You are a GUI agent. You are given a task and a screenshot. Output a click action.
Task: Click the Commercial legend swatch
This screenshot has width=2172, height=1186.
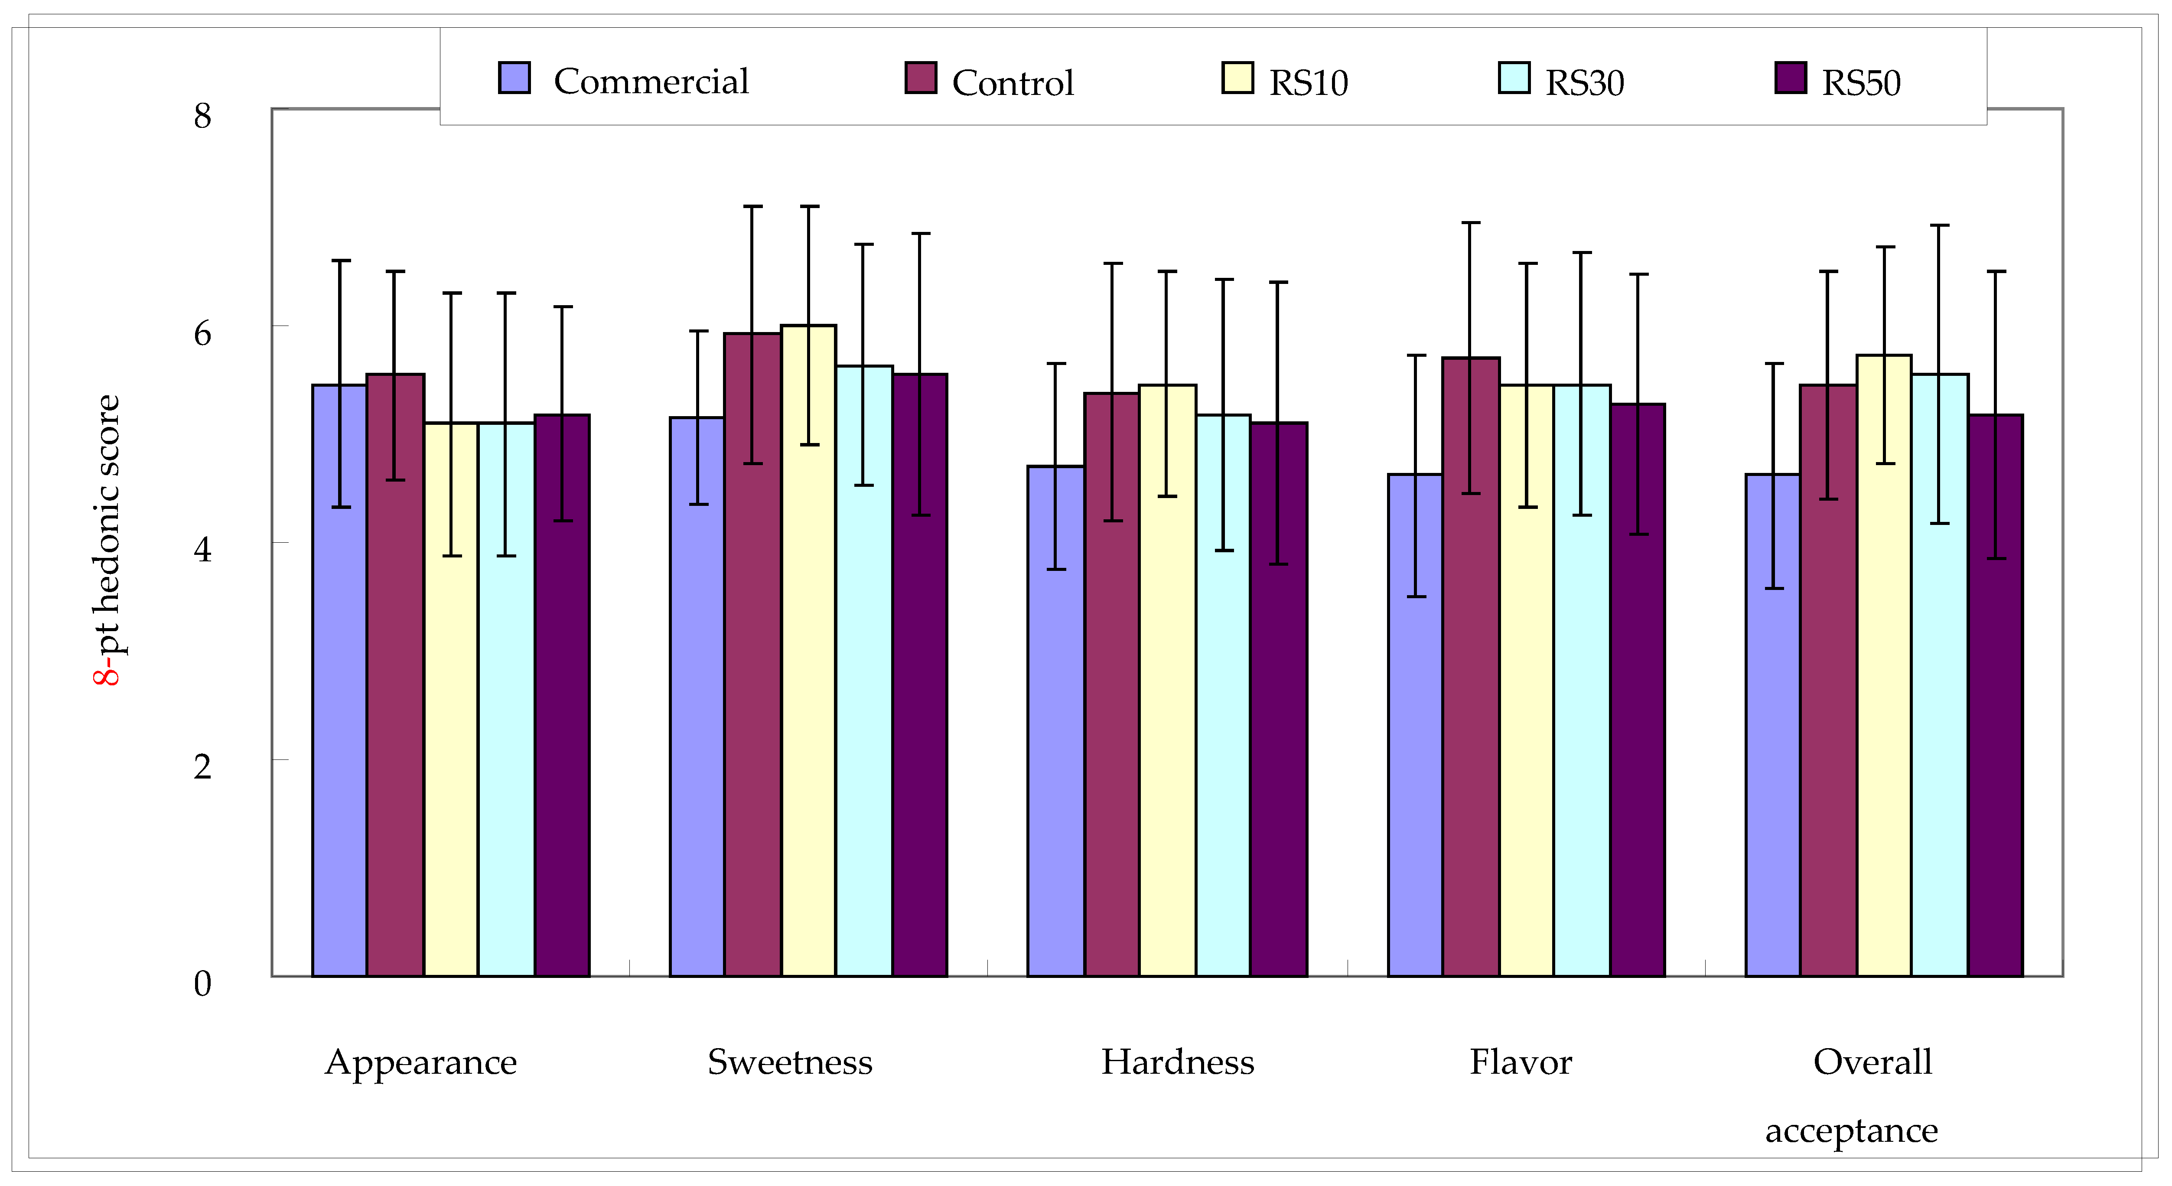[x=515, y=78]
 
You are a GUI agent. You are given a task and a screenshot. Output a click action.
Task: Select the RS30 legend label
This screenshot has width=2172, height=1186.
[x=1584, y=83]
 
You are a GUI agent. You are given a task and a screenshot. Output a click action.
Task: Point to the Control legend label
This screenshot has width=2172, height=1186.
[x=1013, y=83]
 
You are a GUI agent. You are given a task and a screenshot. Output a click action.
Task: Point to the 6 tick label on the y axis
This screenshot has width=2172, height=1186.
[x=202, y=333]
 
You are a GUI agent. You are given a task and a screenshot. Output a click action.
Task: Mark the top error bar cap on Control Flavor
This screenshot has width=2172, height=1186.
[x=1471, y=223]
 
